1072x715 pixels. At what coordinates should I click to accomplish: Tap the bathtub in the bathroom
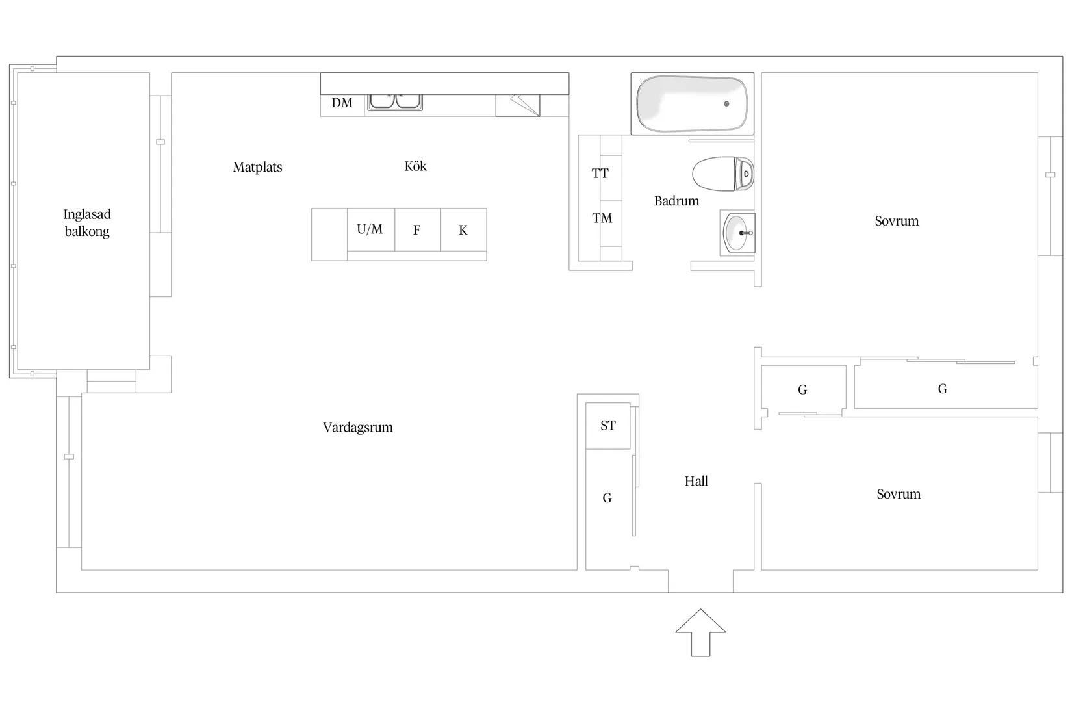691,104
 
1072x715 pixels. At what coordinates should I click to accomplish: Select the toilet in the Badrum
722,174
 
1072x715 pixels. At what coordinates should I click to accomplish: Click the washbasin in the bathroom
737,233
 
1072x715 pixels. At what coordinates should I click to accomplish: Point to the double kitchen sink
395,101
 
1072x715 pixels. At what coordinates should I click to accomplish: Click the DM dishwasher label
342,103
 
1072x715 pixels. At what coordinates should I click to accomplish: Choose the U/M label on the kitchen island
370,229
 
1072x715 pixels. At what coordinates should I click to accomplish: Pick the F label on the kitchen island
416,229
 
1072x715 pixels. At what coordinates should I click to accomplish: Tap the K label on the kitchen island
463,229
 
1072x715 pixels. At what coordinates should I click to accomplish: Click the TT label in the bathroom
600,174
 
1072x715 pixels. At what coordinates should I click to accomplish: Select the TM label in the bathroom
602,218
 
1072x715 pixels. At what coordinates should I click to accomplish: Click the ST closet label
607,426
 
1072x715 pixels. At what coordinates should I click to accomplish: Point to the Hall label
696,481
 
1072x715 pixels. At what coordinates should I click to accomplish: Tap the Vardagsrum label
357,427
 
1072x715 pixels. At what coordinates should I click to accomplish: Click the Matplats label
257,167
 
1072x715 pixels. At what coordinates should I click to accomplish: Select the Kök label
415,166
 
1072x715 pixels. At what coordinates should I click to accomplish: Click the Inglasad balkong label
87,222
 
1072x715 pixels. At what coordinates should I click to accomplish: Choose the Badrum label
676,201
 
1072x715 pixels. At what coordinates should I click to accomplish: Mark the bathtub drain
726,104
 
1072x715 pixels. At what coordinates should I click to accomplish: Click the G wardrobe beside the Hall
607,498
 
